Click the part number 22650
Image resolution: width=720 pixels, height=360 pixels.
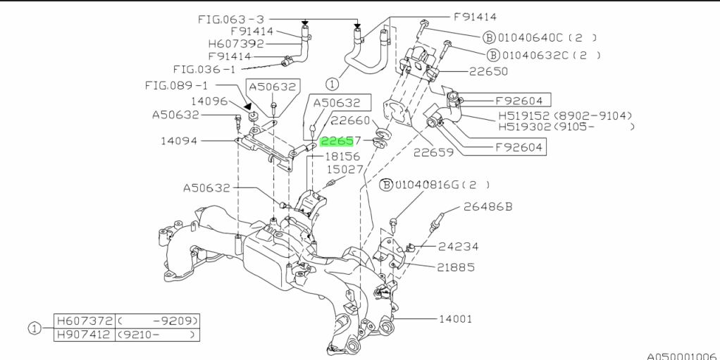488,71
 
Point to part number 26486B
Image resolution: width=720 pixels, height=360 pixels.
488,206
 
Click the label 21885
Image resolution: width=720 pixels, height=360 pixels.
456,268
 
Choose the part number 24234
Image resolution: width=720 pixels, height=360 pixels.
458,247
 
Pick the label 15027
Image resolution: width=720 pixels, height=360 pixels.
345,170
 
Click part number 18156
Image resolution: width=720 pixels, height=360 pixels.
342,156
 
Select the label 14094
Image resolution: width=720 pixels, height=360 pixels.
180,141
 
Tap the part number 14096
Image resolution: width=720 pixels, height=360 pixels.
209,101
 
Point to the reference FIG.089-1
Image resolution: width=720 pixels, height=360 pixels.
177,85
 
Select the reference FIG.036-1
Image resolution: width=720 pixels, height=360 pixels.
204,69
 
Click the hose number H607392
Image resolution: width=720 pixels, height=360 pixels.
237,44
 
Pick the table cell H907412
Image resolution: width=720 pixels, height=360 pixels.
82,335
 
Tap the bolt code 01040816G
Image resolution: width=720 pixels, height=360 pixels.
426,185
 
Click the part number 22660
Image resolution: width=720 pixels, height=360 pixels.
351,120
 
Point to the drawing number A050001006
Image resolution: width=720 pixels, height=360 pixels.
681,356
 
